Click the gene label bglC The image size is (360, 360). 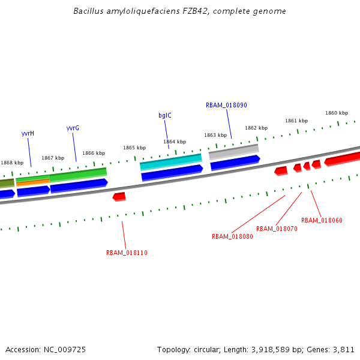click(x=164, y=115)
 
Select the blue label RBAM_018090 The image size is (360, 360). click(x=226, y=105)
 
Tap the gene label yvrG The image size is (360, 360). click(x=73, y=128)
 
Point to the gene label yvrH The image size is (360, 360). click(x=28, y=133)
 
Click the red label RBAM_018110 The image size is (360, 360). click(x=127, y=253)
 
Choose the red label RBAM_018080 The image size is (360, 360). click(x=232, y=236)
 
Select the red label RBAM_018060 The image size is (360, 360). click(x=322, y=220)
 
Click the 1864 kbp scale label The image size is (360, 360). click(x=175, y=142)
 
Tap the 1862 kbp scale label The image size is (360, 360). click(x=256, y=128)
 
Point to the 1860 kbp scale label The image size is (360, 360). click(x=337, y=113)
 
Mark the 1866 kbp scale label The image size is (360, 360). click(x=94, y=153)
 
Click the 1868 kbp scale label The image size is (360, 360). click(x=12, y=163)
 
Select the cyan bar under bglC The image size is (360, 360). click(x=171, y=161)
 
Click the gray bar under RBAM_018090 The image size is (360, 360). click(x=234, y=151)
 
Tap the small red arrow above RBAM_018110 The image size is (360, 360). click(x=119, y=196)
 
